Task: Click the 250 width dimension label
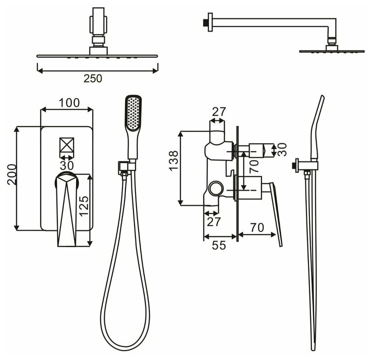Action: [93, 78]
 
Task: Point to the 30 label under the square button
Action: [67, 164]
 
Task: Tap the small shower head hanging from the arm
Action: [330, 49]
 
